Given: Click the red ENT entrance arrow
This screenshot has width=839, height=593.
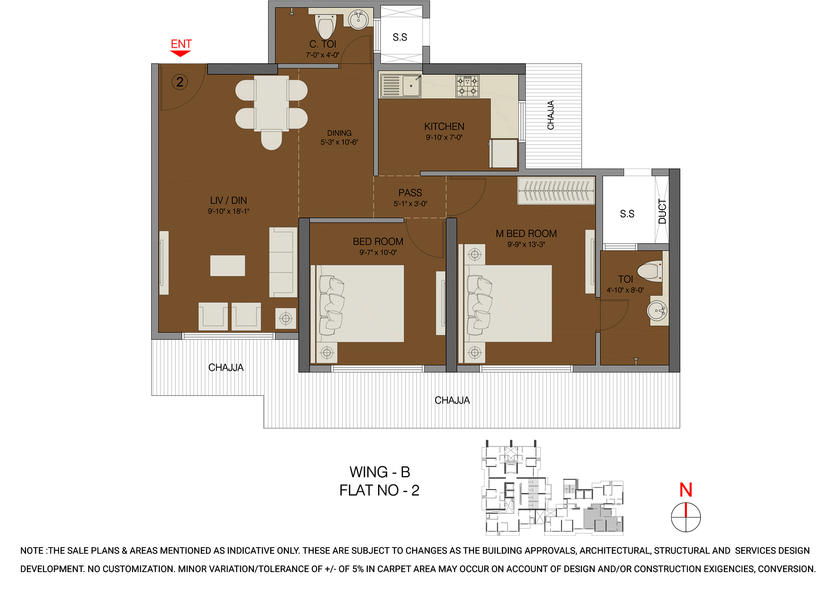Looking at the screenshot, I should [180, 53].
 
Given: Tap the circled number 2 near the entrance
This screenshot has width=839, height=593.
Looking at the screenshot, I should [180, 82].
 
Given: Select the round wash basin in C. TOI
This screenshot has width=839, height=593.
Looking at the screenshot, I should [358, 20].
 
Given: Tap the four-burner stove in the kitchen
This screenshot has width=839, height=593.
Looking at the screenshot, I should [467, 86].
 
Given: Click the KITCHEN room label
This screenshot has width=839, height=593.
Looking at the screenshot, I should [444, 127].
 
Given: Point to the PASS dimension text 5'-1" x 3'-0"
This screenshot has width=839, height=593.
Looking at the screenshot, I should [410, 203].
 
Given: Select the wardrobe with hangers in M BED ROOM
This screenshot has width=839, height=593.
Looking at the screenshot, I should [556, 191].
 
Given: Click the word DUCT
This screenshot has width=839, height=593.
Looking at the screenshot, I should [662, 211].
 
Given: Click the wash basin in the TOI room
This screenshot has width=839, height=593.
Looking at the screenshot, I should [657, 311].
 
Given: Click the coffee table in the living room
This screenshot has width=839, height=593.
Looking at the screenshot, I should [227, 265].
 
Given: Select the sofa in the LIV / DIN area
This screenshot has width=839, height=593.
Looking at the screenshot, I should [283, 262].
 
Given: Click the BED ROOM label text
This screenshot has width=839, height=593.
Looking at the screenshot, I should [378, 241].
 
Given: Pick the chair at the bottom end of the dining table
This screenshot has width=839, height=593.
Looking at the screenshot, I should [271, 140].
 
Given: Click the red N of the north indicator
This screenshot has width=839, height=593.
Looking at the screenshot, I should [686, 490].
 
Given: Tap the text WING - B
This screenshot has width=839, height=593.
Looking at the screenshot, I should [379, 472].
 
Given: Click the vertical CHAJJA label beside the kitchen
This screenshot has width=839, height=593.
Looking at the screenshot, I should [551, 115].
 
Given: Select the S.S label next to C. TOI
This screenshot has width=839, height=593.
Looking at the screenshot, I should [400, 38].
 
